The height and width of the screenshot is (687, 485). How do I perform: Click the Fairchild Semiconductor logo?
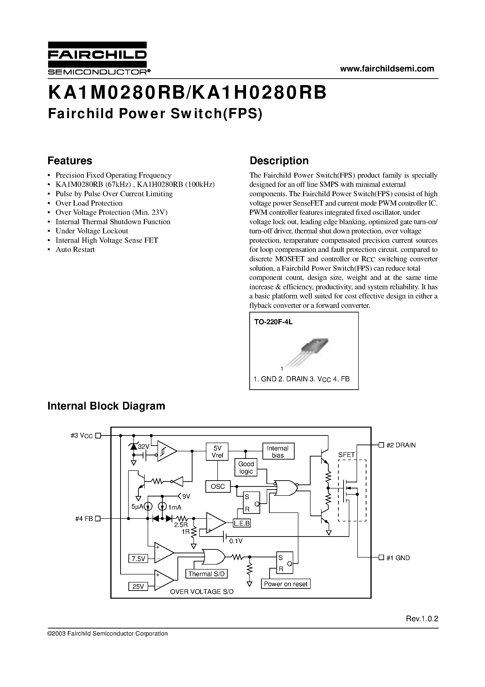point(97,58)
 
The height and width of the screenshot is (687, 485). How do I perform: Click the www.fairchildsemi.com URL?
point(387,69)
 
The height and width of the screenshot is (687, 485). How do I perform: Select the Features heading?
point(70,161)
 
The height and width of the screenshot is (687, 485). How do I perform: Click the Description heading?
point(279,161)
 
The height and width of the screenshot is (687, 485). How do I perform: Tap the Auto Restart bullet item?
point(75,250)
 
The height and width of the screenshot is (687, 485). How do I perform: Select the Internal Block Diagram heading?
point(106,406)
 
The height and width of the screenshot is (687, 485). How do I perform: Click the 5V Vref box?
point(217,452)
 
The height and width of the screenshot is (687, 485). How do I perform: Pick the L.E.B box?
point(242,523)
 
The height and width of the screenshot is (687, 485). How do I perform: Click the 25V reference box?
point(138,586)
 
